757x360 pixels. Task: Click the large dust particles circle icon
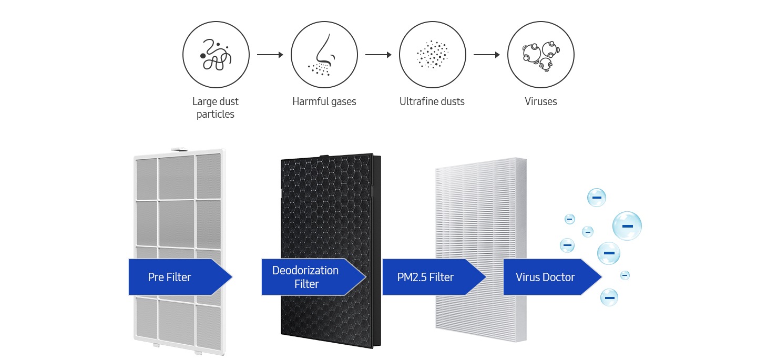point(216,55)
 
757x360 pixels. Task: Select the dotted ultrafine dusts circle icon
point(432,55)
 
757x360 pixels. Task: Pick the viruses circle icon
point(541,55)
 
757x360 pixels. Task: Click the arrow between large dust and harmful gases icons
point(270,55)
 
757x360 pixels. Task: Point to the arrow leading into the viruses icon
point(487,55)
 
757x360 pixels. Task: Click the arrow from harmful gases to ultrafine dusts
point(378,55)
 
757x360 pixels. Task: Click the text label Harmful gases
point(324,101)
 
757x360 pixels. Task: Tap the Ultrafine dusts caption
point(432,101)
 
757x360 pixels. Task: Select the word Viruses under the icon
point(541,101)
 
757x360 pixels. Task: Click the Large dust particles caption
point(216,108)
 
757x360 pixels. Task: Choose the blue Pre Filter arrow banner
point(180,277)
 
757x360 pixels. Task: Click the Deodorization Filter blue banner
point(314,277)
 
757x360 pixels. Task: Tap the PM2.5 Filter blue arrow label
point(434,277)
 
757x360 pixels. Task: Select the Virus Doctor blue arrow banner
point(553,277)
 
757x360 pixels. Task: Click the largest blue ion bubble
point(627,225)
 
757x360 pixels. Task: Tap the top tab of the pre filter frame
point(178,149)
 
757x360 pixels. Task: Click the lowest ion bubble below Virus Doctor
point(609,297)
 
